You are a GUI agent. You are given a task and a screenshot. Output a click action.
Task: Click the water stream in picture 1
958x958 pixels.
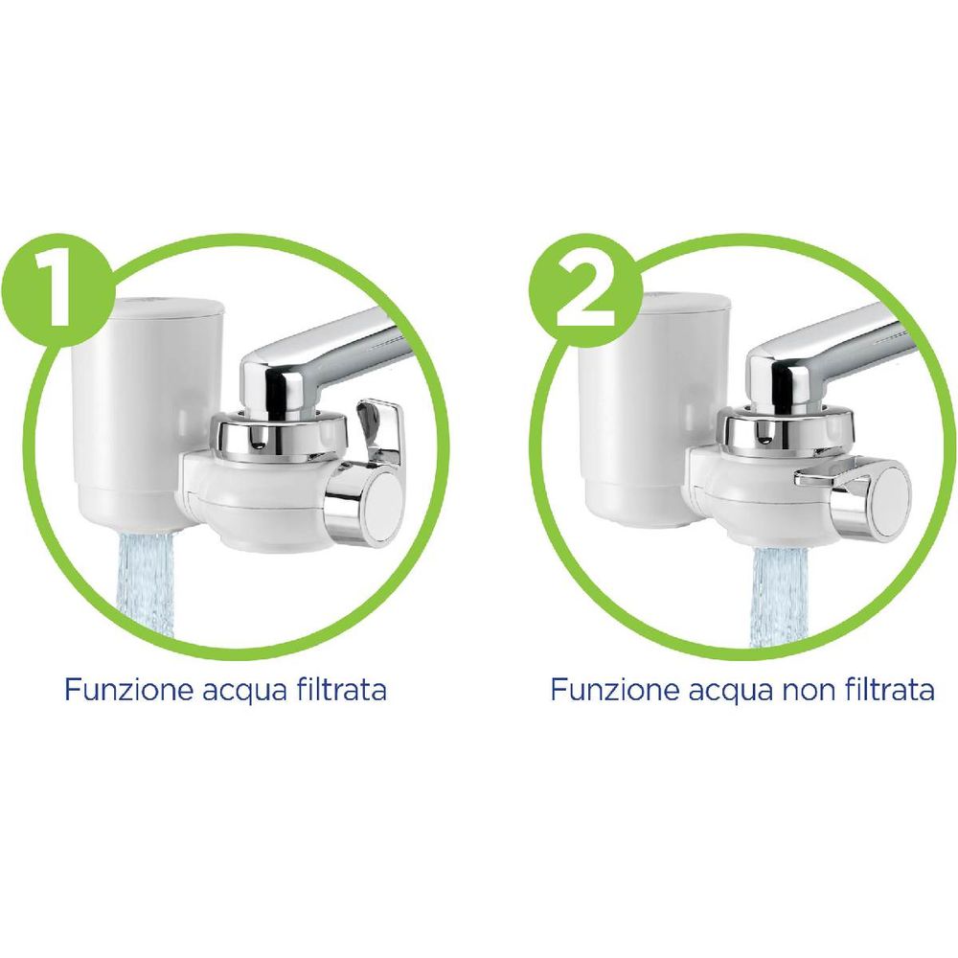pos(145,582)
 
